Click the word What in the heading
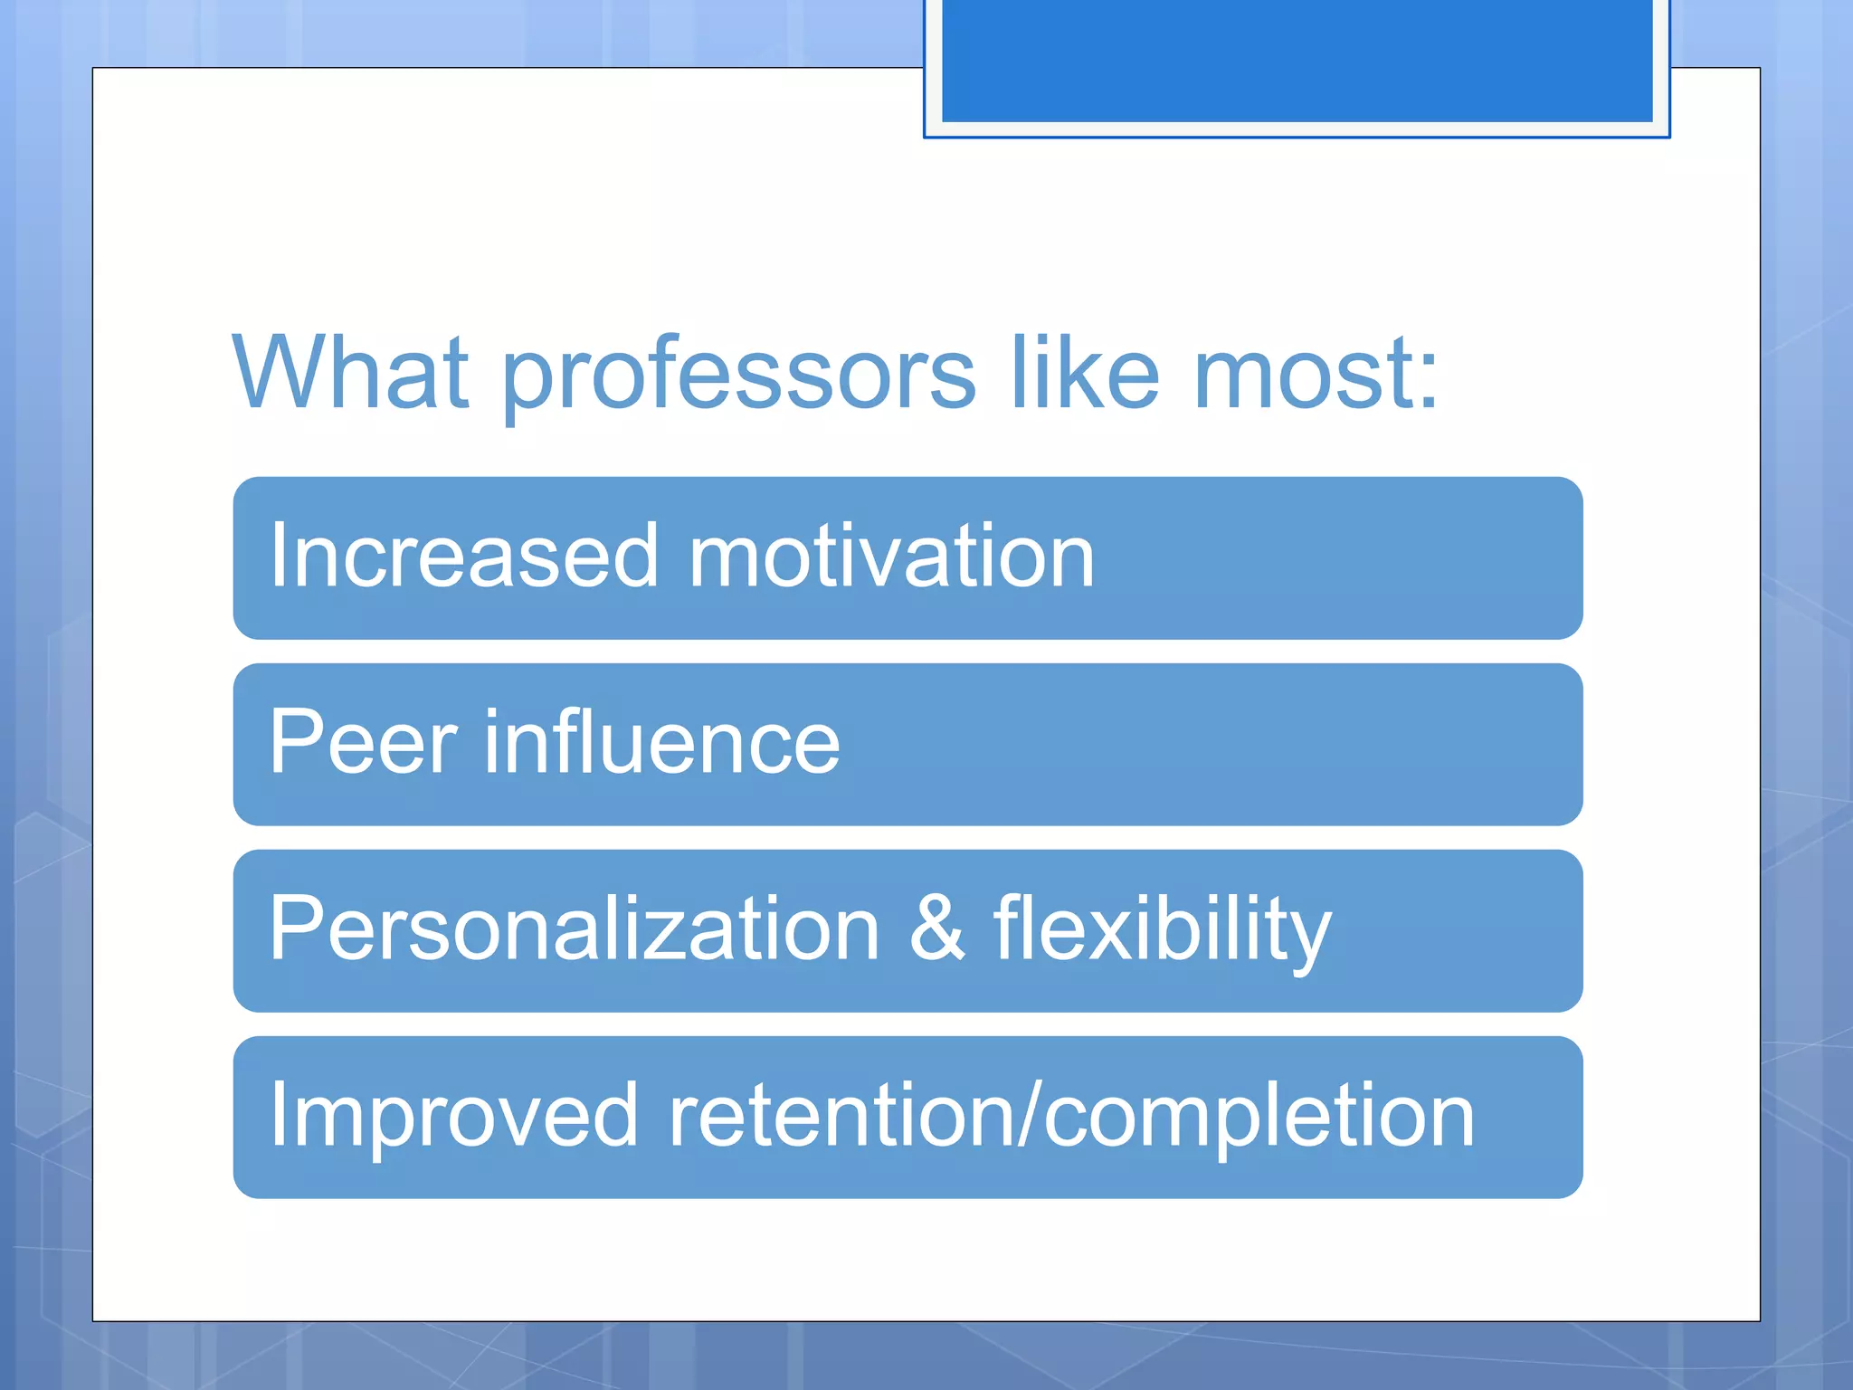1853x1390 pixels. coord(350,372)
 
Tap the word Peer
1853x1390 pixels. coord(363,742)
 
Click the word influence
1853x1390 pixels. coord(662,742)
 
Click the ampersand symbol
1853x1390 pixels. coord(937,928)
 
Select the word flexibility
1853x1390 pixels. coord(1162,930)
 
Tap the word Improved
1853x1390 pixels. coord(454,1117)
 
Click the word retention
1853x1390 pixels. coord(841,1115)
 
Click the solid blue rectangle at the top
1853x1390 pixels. coord(1297,60)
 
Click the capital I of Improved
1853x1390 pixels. coord(277,1115)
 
